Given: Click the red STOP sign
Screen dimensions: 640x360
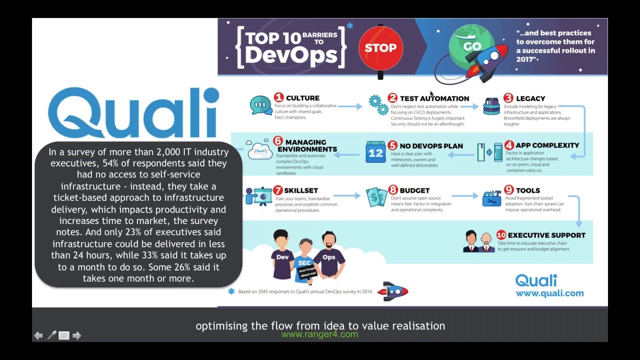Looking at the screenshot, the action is pyautogui.click(x=380, y=48).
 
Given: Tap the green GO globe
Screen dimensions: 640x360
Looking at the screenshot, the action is pyautogui.click(x=471, y=46).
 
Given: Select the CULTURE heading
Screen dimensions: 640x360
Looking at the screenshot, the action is pyautogui.click(x=302, y=98).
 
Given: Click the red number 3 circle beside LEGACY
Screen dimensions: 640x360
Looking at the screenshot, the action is pyautogui.click(x=508, y=98).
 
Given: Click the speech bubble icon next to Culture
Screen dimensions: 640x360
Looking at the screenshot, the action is pyautogui.click(x=260, y=105).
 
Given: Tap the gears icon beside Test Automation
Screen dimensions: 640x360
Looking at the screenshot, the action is pyautogui.click(x=378, y=104).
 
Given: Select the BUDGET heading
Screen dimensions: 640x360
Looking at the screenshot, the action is pyautogui.click(x=414, y=190).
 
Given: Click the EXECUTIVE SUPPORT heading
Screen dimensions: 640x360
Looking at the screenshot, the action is pyautogui.click(x=546, y=235).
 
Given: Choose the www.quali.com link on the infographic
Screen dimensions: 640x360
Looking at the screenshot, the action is pyautogui.click(x=549, y=293).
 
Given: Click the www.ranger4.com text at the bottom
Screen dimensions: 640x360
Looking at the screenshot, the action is pyautogui.click(x=320, y=334).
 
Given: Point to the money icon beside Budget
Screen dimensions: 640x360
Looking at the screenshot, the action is pyautogui.click(x=376, y=197).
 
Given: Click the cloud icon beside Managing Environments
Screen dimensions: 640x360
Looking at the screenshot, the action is pyautogui.click(x=260, y=149).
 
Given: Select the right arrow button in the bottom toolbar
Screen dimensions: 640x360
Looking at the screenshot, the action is pyautogui.click(x=76, y=335).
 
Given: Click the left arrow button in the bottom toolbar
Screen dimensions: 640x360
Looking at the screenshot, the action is pyautogui.click(x=38, y=335).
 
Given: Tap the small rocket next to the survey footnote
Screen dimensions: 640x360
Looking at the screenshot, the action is pyautogui.click(x=392, y=291).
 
